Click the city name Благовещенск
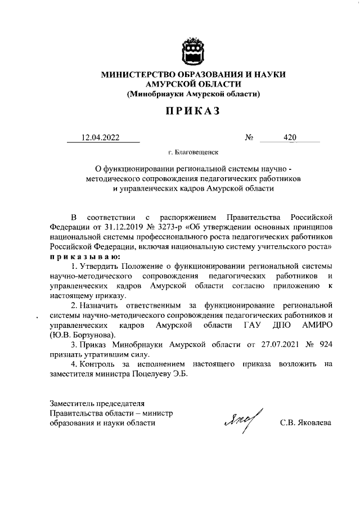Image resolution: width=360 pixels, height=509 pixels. (196, 152)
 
